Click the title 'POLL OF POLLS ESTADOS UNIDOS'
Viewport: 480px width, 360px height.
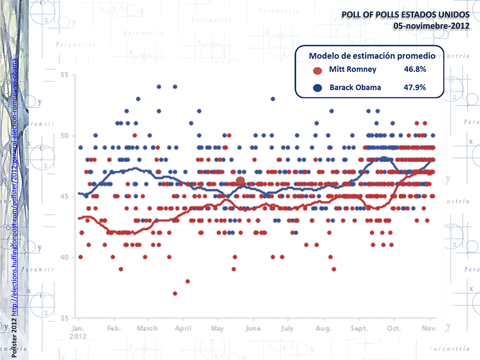point(404,15)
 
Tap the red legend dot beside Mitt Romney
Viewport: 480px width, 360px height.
point(317,70)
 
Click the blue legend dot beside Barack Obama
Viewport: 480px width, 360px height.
point(317,88)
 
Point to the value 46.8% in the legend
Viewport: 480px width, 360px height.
point(415,70)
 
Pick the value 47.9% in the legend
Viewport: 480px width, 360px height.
point(415,88)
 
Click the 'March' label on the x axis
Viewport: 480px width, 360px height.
point(147,328)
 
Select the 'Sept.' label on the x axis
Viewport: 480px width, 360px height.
point(359,328)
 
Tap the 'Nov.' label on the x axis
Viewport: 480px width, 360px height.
point(429,328)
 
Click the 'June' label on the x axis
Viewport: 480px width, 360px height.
point(253,328)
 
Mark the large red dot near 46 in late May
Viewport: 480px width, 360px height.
point(240,181)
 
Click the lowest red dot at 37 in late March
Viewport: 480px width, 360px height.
point(175,293)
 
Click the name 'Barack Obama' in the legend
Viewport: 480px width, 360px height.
point(355,88)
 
